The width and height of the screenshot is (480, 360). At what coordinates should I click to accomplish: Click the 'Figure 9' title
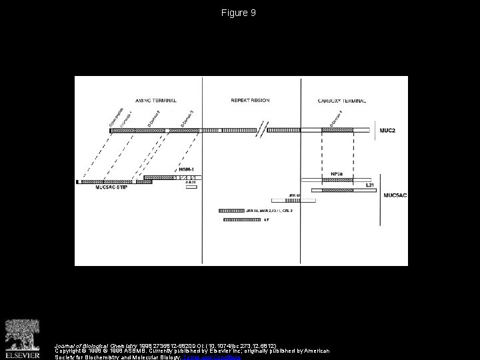[x=240, y=13]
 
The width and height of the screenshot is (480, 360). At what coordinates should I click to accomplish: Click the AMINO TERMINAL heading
[x=156, y=100]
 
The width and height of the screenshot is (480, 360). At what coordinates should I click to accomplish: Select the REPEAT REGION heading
[x=250, y=100]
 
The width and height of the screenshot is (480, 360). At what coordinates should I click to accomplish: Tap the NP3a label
[x=337, y=174]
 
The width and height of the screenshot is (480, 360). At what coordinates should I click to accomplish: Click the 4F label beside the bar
[x=265, y=219]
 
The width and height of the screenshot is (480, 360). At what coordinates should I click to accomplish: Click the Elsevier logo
[x=25, y=337]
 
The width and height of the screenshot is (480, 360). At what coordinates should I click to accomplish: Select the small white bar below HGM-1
[x=191, y=187]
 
